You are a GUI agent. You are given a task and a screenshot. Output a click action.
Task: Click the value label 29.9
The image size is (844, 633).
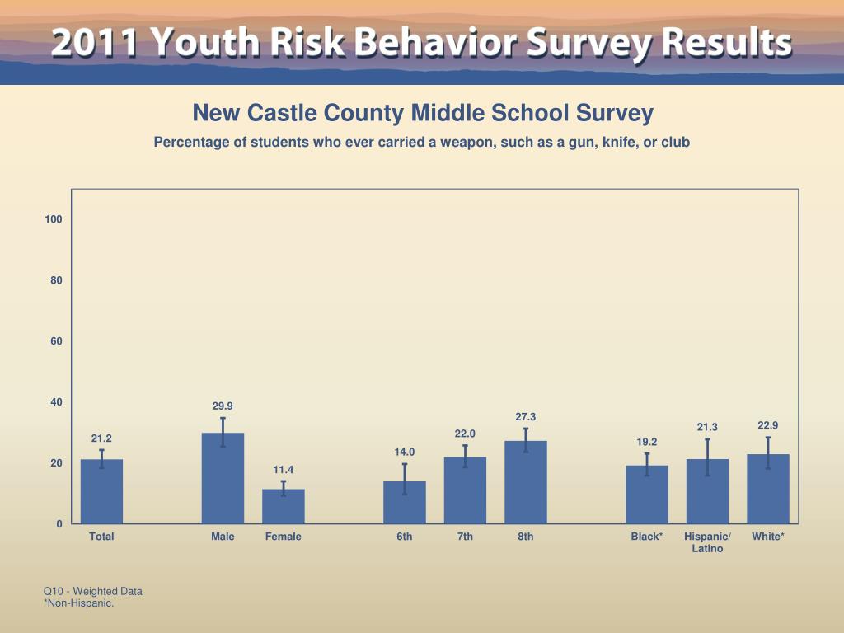[x=223, y=406]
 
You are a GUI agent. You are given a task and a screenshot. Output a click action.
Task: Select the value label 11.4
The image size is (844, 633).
[x=284, y=470]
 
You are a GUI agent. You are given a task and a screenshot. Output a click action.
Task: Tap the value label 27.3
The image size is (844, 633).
[x=526, y=417]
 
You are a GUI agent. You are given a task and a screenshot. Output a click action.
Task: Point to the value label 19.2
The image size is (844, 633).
[x=647, y=442]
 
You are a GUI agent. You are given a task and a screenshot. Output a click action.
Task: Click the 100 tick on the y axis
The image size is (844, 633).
[x=54, y=219]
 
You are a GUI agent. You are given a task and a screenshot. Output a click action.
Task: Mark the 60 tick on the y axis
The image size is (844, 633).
[x=56, y=341]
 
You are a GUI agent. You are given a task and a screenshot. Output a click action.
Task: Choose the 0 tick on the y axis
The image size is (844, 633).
[x=59, y=524]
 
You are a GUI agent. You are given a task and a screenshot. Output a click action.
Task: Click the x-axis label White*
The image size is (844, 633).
[x=768, y=537]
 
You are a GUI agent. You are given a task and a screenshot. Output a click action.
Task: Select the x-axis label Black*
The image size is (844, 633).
[x=647, y=537]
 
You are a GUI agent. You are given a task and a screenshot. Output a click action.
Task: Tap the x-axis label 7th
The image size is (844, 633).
[x=465, y=537]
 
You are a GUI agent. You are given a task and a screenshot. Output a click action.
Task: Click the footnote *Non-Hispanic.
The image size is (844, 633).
[x=78, y=603]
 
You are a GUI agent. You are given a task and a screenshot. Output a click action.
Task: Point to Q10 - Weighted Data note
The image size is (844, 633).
[x=93, y=591]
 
